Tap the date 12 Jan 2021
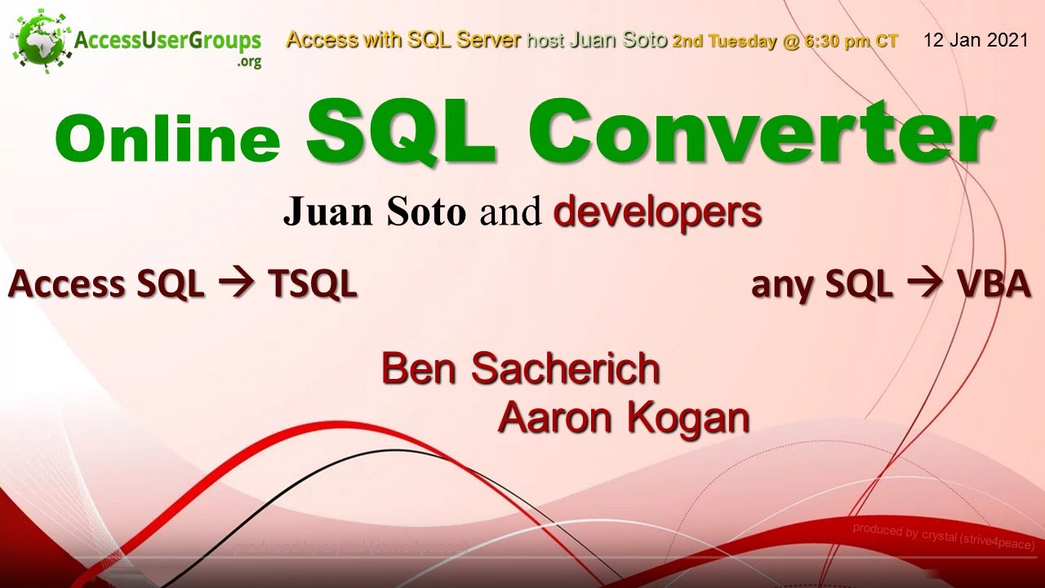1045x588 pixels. (976, 41)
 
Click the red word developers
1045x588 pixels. (657, 212)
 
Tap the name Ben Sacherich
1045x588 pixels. (521, 368)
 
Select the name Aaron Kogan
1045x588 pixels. (624, 418)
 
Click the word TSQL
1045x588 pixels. (313, 284)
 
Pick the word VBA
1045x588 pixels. (994, 284)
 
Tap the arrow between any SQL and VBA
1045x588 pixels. (924, 284)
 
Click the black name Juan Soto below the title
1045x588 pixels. (375, 212)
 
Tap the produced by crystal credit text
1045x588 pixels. (943, 536)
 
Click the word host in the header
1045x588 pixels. (545, 41)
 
